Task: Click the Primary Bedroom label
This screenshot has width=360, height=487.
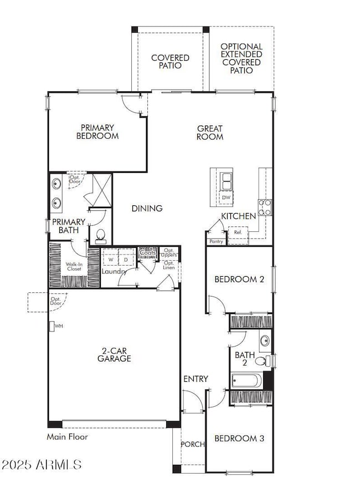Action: pos(97,131)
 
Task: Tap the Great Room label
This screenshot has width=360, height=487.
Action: pos(210,132)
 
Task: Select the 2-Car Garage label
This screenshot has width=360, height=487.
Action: pos(116,354)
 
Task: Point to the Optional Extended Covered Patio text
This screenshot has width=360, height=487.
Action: pos(241,58)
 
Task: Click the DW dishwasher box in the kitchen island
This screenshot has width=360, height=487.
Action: pos(226,198)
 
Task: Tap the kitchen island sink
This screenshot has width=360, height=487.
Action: pos(226,180)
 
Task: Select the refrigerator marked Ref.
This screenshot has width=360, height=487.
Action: pos(239,233)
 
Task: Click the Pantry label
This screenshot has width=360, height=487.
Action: pos(215,242)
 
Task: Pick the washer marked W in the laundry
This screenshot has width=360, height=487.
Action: pos(110,259)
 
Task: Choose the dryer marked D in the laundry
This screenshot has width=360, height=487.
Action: pos(125,259)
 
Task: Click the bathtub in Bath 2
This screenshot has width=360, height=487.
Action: pos(247,381)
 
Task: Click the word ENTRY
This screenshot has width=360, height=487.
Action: pos(196,379)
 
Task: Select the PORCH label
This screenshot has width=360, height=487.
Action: pos(193,444)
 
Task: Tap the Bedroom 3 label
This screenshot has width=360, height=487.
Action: pos(239,439)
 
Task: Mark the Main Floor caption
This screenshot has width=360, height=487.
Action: pos(67,437)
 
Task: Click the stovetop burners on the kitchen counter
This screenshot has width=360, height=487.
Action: pos(265,208)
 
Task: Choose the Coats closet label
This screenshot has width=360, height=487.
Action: pos(147,253)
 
